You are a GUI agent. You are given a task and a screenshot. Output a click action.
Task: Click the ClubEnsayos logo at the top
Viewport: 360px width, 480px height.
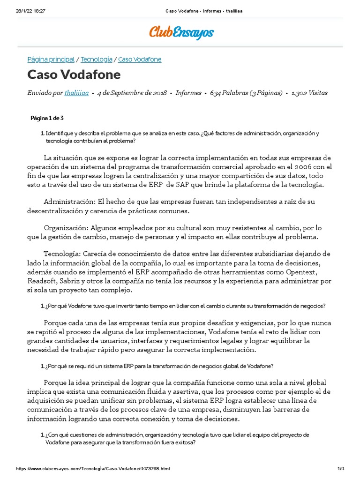(x=181, y=32)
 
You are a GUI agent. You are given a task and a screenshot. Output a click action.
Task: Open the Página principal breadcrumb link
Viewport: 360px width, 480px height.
(x=51, y=60)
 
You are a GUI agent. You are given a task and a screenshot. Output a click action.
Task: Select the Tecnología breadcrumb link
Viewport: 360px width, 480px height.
(x=97, y=60)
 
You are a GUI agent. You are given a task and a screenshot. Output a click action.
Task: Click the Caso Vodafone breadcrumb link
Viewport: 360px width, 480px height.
(x=140, y=60)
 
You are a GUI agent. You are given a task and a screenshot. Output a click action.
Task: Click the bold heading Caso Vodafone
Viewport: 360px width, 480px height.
(x=74, y=75)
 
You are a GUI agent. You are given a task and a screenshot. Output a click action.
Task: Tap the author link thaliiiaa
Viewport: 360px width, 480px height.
(x=76, y=93)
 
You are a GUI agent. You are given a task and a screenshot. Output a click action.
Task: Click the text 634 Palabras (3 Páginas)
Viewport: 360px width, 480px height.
(x=246, y=93)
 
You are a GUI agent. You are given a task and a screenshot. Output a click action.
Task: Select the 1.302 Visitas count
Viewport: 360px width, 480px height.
(x=309, y=93)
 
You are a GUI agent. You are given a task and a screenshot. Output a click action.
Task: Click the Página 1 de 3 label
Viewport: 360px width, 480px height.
(x=47, y=118)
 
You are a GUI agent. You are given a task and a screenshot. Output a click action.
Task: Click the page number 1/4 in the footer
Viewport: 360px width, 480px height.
(x=341, y=469)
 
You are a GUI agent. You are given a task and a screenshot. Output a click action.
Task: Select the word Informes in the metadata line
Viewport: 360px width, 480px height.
(x=188, y=93)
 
